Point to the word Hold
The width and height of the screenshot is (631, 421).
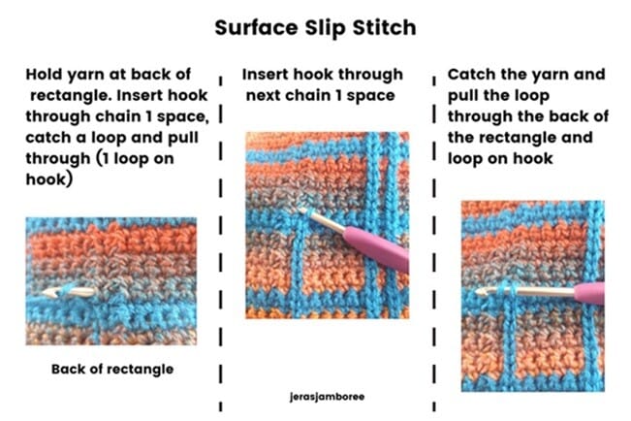tap(44, 75)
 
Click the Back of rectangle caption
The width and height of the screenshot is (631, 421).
tap(112, 369)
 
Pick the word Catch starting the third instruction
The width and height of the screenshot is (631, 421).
tap(472, 75)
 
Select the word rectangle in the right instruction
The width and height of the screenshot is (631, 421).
tap(497, 138)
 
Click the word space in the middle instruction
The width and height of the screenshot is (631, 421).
tap(366, 94)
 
